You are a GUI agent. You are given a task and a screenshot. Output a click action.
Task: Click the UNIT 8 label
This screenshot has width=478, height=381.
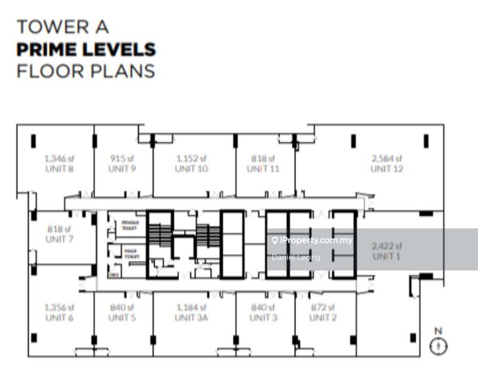pos(59,169)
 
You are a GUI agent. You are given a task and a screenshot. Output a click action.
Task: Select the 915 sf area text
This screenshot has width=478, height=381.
pos(122,159)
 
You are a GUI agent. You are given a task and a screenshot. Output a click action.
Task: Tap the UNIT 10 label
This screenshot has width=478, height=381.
pos(191,169)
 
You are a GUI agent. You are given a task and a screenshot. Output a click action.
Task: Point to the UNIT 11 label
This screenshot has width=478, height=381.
pos(263,169)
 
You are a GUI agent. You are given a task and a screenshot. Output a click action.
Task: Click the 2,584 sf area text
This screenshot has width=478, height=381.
pos(387,159)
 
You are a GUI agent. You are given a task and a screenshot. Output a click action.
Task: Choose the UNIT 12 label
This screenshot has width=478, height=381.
pos(387,169)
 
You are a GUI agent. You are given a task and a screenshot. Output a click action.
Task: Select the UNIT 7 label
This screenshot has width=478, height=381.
pos(59,239)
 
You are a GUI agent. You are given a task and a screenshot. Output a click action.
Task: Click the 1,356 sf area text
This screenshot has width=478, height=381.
pos(59,307)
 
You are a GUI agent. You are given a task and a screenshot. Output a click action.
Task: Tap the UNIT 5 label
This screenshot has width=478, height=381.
pos(122,318)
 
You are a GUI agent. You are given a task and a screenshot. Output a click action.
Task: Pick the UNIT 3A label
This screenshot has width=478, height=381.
pos(191,318)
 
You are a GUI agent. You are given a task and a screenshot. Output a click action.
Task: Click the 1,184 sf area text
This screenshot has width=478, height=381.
pos(191,307)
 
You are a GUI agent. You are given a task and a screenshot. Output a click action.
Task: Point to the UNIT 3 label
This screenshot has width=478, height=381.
pos(263,318)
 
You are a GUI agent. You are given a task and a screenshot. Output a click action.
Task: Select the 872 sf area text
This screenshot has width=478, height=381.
pos(323,307)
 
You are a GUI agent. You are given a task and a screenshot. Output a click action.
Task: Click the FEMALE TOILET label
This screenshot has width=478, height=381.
pos(130,224)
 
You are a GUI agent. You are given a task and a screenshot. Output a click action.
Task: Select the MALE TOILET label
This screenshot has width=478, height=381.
pos(130,253)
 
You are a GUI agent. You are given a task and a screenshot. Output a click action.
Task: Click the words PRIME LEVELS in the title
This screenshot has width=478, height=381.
pos(86,49)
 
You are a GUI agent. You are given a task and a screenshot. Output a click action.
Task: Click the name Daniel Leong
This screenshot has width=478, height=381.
pos(296,257)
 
